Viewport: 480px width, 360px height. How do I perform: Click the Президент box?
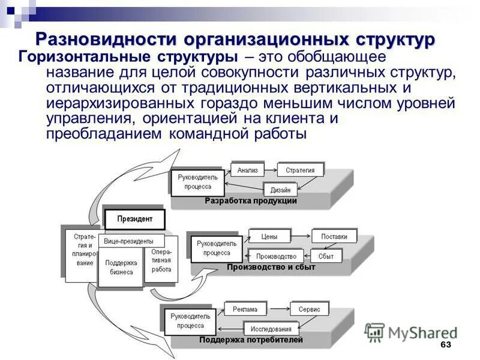point(134,219)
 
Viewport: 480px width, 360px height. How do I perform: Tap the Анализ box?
point(247,170)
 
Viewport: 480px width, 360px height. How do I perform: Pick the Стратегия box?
point(299,170)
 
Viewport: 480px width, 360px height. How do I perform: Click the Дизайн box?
point(280,190)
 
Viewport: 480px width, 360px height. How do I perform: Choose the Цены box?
point(269,236)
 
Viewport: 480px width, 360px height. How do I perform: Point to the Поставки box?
point(334,236)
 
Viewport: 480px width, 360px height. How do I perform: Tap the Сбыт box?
point(326,256)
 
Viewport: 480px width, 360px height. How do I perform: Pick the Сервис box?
point(309,310)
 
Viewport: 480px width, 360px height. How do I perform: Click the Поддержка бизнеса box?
point(121,267)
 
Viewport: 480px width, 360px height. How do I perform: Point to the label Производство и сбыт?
point(271,267)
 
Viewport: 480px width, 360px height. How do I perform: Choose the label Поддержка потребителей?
point(251,340)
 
